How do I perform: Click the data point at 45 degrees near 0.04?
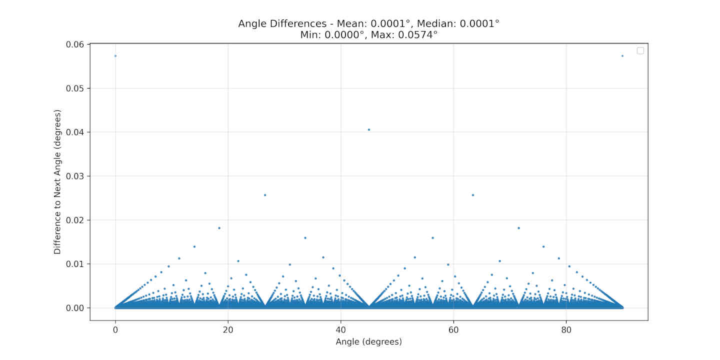[369, 129]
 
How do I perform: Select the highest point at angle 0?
[115, 55]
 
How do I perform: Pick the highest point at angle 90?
[622, 55]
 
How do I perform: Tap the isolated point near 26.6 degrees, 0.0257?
[265, 195]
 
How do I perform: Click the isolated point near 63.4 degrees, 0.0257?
[473, 195]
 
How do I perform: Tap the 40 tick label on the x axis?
[341, 330]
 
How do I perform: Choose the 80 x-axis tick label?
[566, 330]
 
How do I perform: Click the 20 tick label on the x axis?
[228, 330]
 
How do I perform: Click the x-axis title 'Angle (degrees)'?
[369, 342]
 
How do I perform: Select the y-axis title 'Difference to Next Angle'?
[57, 182]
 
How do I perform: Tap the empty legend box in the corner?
[640, 50]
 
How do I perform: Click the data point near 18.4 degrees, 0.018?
[219, 228]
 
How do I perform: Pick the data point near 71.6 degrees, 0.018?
[519, 228]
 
